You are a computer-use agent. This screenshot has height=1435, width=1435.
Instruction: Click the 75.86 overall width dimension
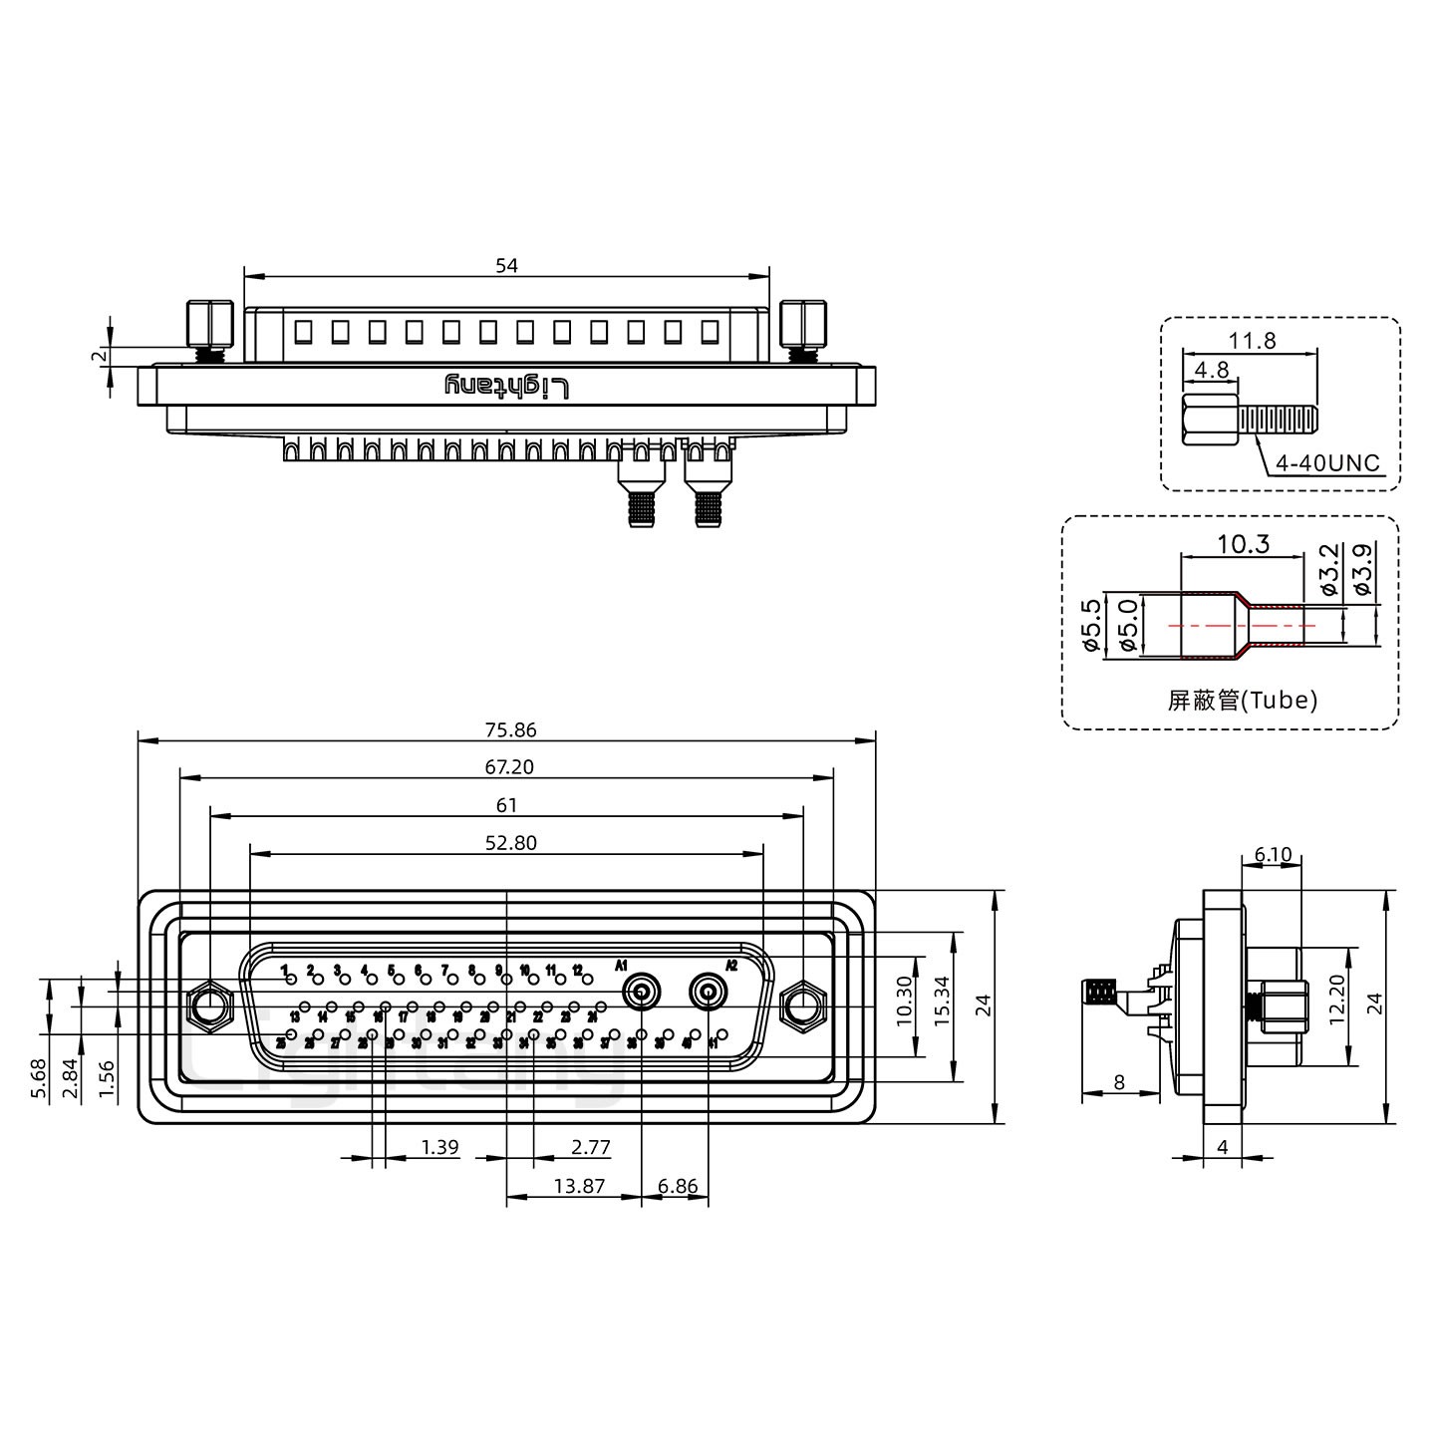coord(510,730)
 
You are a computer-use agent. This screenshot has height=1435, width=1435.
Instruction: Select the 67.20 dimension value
coord(510,767)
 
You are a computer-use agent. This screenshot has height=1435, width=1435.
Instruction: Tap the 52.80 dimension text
coord(510,843)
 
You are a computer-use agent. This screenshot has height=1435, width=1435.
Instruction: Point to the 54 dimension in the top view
coord(506,266)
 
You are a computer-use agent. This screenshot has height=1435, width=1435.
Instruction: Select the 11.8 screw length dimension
coord(1252,341)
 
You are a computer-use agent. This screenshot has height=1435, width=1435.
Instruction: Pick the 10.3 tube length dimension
coord(1243,544)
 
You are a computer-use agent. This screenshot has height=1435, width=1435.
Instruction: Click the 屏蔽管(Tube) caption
coord(1242,701)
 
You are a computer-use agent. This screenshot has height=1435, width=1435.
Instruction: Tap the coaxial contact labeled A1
coord(641,993)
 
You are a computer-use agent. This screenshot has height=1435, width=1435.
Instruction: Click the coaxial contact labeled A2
coord(709,993)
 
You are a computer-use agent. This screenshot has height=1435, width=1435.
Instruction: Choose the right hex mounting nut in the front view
coord(802,1005)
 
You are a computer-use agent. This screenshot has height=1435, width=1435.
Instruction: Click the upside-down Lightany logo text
coord(506,387)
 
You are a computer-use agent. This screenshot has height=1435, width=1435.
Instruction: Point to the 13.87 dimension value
coord(578,1187)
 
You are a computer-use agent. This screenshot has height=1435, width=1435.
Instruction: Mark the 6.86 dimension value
coord(678,1187)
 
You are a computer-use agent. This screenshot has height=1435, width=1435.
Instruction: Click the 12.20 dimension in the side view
coord(1337,1000)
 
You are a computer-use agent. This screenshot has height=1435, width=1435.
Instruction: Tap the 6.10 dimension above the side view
coord(1273,855)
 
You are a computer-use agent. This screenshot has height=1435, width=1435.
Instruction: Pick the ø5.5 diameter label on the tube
coord(1092,626)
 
